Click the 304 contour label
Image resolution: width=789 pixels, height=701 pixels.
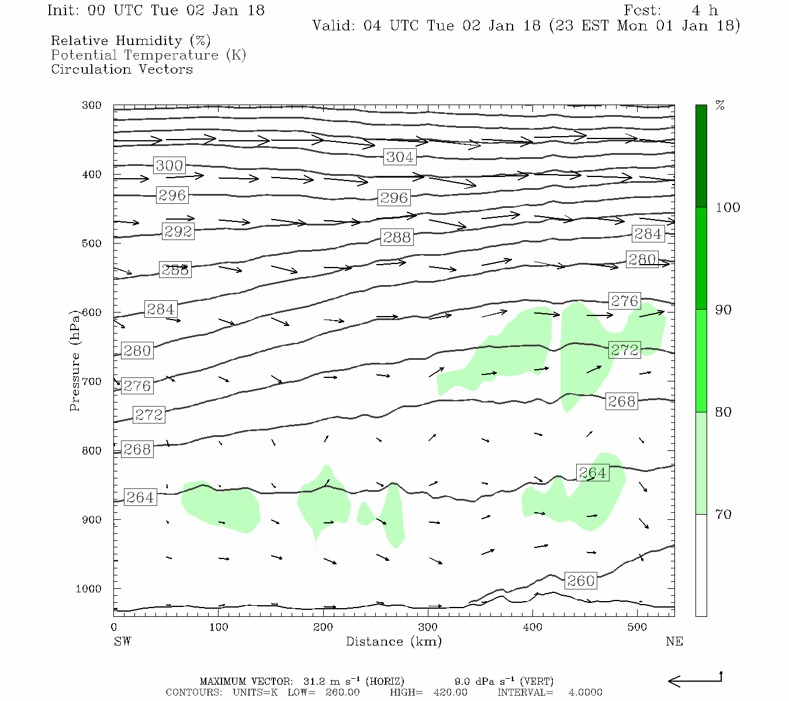400,157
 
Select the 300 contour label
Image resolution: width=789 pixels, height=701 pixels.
169,165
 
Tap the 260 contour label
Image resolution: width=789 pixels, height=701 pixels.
580,581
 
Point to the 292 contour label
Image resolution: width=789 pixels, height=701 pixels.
178,231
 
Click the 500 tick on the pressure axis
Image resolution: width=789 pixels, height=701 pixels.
92,244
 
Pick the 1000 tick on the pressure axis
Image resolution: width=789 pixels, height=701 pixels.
89,589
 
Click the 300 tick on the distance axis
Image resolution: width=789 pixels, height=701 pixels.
428,627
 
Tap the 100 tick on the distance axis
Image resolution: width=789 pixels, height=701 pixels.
219,627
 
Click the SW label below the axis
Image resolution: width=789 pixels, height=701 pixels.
122,641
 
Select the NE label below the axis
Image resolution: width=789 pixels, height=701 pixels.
674,641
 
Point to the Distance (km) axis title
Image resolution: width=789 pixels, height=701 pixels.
393,641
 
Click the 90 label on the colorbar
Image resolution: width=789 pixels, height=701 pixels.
723,310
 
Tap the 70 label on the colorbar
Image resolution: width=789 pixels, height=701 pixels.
723,514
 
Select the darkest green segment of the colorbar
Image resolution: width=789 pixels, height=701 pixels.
701,156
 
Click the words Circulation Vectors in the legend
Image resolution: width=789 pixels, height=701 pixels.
122,69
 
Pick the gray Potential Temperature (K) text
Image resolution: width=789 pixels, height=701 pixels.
148,55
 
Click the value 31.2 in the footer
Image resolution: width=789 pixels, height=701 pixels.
314,681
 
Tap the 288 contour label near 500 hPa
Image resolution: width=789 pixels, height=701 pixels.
397,237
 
